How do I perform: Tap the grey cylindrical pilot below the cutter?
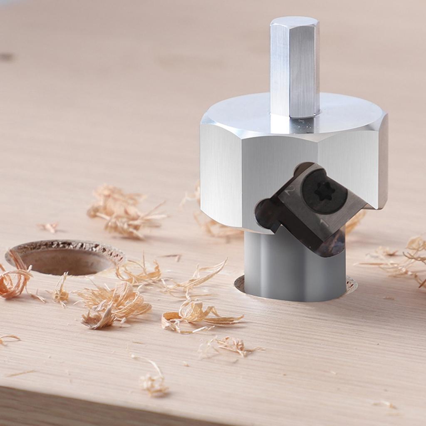click(x=291, y=270)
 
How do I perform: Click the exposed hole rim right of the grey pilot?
click(x=351, y=285)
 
